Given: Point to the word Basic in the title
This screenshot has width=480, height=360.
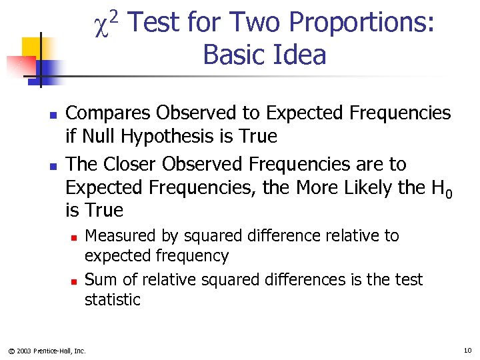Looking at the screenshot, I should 234,55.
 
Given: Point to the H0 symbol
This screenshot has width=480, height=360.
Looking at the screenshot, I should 441,189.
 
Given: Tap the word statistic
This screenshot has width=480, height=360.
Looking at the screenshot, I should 112,300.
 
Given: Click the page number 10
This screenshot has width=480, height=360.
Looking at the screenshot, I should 467,350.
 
